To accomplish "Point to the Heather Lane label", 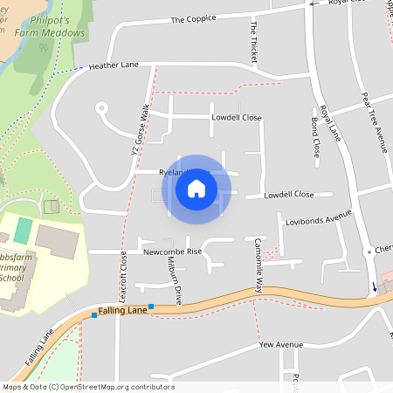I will pos(115,65).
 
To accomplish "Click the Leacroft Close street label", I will pos(123,275).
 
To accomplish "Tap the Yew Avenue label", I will pos(280,345).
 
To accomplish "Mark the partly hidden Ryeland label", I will pos(171,172).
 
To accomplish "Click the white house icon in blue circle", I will pos(196,189).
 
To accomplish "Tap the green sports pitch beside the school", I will pos(23,231).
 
